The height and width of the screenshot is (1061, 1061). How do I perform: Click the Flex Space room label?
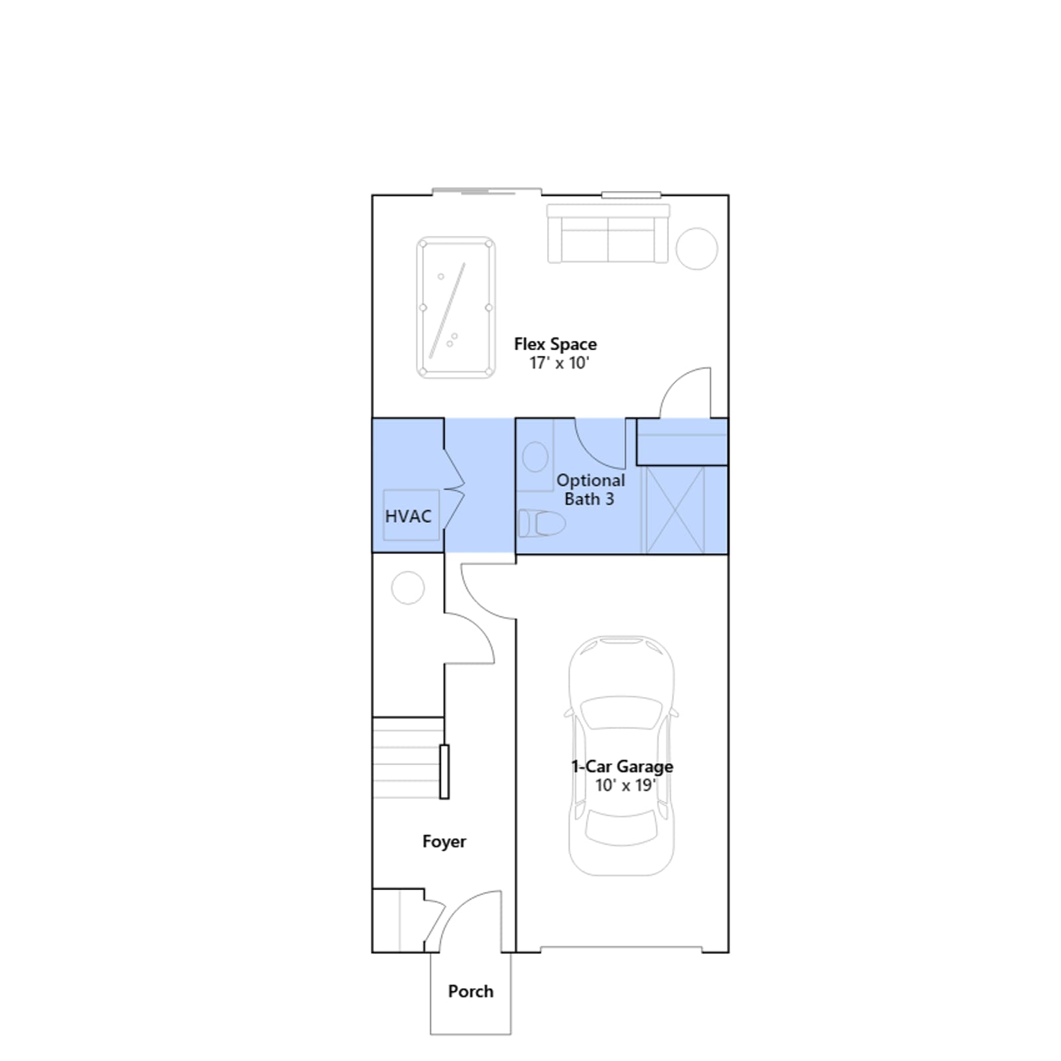(555, 344)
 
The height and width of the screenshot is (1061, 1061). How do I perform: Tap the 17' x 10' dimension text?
(559, 363)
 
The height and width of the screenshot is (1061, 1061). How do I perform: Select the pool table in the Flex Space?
(456, 308)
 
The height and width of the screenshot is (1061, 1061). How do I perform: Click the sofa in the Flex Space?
(608, 233)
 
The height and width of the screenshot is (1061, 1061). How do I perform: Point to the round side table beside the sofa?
(696, 249)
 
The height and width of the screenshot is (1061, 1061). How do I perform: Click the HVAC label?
(408, 516)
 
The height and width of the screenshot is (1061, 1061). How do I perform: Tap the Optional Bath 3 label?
(590, 489)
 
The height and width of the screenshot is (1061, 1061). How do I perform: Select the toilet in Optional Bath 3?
(541, 523)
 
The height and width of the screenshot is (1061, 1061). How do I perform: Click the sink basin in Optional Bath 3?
(535, 457)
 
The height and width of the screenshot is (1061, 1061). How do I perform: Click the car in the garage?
(621, 756)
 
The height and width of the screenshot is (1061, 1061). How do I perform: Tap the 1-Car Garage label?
(622, 767)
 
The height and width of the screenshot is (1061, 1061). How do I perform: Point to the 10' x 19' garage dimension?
(625, 785)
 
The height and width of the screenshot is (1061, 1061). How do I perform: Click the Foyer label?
(444, 842)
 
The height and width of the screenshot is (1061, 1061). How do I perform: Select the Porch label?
(471, 991)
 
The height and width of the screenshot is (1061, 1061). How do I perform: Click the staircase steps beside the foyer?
(407, 758)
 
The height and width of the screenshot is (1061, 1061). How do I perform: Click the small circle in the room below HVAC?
(408, 588)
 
